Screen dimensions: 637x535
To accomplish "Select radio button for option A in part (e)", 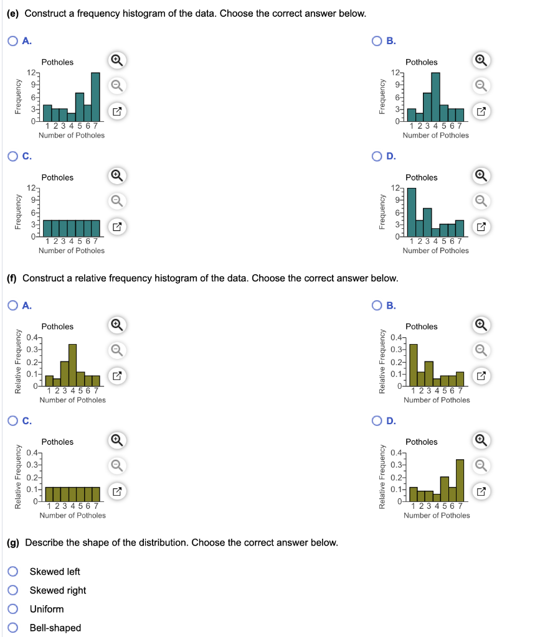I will point(14,41).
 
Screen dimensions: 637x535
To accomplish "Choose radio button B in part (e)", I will point(378,41).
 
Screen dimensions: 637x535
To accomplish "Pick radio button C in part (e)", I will point(14,156).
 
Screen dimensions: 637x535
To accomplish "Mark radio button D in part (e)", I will point(378,156).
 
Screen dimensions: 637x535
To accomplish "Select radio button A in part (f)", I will point(14,305).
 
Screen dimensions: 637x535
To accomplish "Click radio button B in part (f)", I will point(378,305).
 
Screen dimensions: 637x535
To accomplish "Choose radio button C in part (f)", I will point(14,421).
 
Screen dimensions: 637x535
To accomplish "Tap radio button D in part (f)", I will point(378,421).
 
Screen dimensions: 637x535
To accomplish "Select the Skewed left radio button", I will point(14,572).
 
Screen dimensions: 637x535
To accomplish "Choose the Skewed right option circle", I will point(14,590).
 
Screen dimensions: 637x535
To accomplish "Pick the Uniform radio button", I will point(14,609).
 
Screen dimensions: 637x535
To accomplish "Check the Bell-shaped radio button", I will point(14,628).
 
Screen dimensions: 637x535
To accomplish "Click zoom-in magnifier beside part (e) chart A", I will point(116,60).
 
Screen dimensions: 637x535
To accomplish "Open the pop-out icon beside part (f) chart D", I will point(480,492).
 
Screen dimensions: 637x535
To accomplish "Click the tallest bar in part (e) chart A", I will point(95,98).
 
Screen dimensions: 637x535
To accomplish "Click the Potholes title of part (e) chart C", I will point(57,177).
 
